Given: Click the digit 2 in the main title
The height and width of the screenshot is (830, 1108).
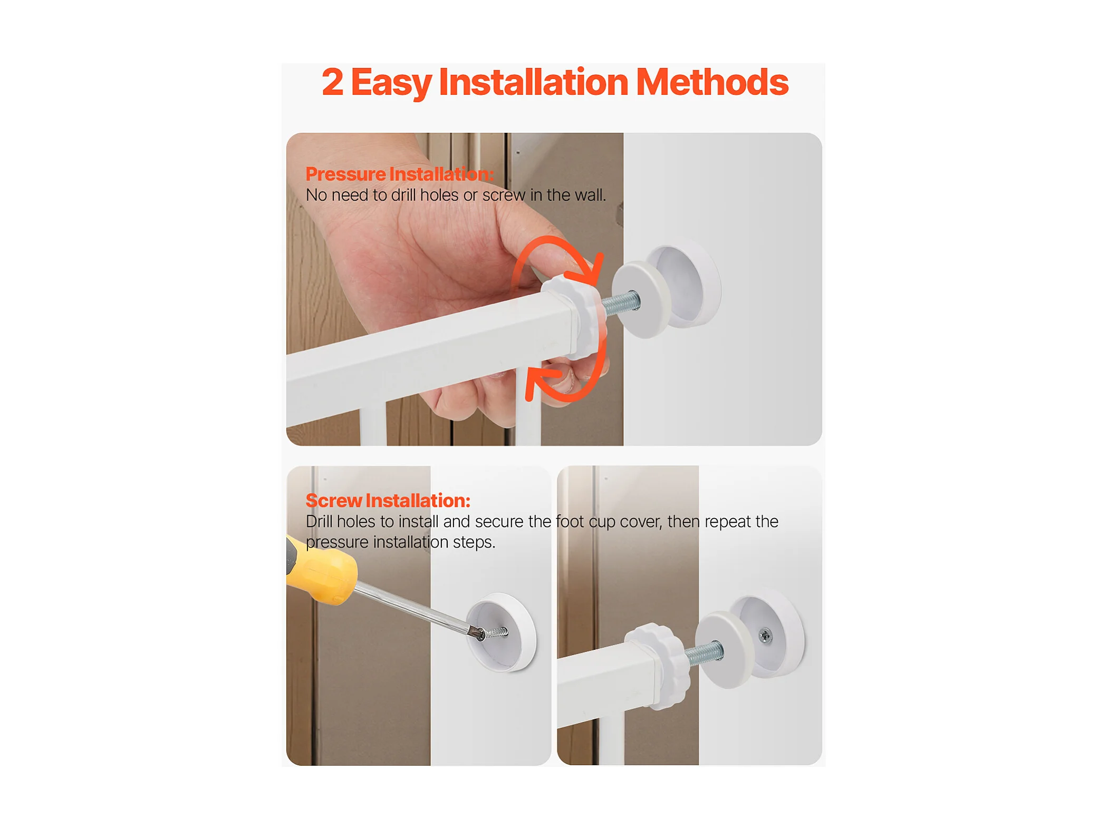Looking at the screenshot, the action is (332, 82).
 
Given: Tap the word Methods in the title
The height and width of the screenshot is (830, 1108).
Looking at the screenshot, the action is (711, 82).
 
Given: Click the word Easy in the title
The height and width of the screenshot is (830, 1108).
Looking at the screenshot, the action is (391, 83).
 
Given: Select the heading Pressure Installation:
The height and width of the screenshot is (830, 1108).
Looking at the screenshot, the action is (399, 174).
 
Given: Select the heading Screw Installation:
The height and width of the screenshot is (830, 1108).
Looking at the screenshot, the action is (388, 500).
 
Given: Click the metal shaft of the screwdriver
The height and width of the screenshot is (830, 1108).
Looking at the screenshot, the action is (411, 608).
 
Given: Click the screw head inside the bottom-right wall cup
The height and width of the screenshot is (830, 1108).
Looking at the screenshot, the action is (765, 637).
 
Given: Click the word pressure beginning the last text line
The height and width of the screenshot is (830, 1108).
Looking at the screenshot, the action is (337, 543).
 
